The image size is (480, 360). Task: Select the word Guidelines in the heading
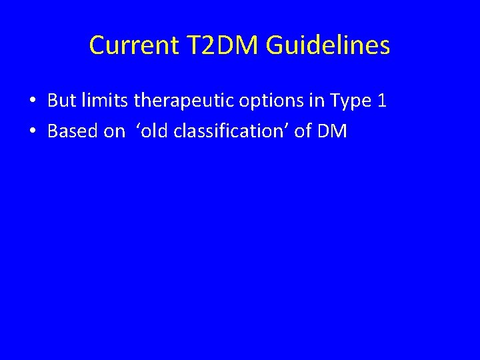point(328,46)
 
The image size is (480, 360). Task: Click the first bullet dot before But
point(31,101)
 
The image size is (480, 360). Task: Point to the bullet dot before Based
point(31,132)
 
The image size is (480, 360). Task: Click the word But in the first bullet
point(61,101)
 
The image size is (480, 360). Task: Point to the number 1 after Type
point(382,101)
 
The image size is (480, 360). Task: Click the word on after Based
point(114,132)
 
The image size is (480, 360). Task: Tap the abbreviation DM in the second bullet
point(332,131)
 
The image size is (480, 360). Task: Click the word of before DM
point(303,131)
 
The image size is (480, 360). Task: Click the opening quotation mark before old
point(138,127)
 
